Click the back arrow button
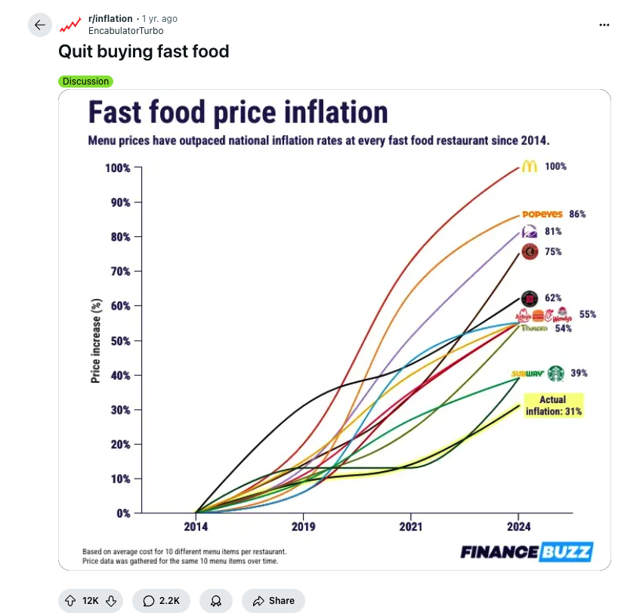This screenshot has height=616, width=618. tap(40, 25)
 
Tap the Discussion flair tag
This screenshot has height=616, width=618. tap(85, 82)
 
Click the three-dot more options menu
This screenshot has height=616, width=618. tap(604, 25)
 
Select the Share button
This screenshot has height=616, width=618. tap(273, 600)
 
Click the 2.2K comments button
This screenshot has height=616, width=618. tap(161, 600)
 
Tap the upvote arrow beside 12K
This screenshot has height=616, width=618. tap(71, 600)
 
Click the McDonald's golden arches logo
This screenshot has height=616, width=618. tap(530, 167)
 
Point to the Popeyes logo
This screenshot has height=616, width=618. tap(542, 214)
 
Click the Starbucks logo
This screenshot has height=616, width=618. tap(556, 373)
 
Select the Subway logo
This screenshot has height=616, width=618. tap(527, 374)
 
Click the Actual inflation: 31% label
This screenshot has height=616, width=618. tap(553, 406)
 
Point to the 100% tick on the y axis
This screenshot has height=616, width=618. tap(118, 168)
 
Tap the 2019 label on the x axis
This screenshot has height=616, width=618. tap(303, 527)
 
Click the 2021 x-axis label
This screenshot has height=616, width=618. tap(411, 527)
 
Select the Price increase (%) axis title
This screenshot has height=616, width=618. tap(96, 340)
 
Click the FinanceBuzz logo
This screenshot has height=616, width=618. tap(526, 552)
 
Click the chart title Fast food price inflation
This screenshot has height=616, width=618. tap(238, 112)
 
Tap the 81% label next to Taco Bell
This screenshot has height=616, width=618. tap(552, 232)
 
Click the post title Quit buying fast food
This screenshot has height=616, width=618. tap(144, 51)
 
